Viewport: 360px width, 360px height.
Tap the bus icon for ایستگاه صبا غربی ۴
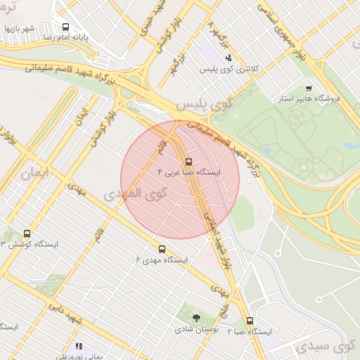click(187, 162)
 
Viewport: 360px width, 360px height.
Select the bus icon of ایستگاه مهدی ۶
click(162, 249)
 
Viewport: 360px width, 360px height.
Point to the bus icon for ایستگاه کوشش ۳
click(27, 233)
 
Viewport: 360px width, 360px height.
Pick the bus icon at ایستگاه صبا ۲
click(250, 321)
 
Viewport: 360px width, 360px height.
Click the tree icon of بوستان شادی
click(196, 319)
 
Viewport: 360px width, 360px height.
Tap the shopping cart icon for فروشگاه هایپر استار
click(309, 89)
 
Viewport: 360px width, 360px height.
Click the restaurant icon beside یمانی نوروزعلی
click(79, 346)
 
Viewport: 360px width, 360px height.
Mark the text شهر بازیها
click(20, 29)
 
